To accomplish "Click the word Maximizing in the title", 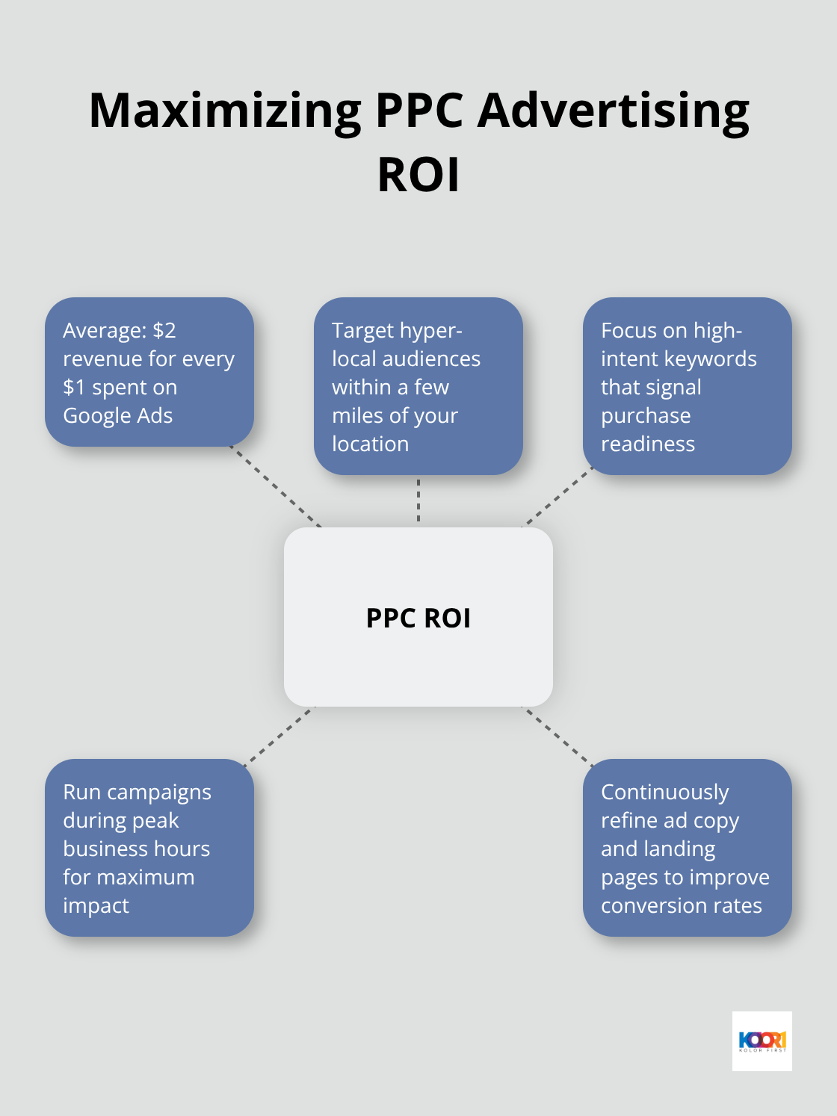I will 225,111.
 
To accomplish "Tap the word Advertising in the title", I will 613,111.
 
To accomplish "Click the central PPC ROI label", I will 418,618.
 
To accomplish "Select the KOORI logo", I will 762,1041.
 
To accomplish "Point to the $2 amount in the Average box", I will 164,330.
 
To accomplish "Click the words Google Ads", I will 118,415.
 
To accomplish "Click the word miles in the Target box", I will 357,415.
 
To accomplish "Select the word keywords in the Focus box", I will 709,359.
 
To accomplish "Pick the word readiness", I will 648,444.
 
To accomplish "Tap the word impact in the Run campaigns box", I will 96,905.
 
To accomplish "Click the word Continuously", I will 665,792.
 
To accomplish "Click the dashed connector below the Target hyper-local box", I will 418,500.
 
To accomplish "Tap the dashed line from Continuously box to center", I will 557,736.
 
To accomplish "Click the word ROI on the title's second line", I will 418,175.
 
